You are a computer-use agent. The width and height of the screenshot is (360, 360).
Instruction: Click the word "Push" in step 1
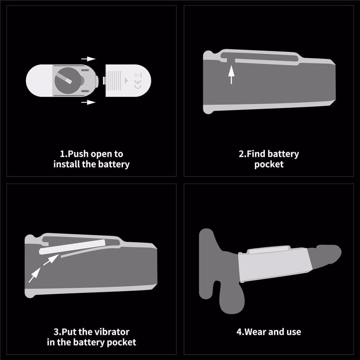78,154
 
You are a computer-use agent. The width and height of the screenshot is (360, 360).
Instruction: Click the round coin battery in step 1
68,80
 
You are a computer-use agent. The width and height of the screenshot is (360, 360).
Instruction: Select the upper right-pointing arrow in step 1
89,59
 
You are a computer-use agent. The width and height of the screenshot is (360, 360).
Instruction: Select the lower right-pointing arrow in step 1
89,102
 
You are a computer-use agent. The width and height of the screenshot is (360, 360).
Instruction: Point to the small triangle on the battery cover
126,81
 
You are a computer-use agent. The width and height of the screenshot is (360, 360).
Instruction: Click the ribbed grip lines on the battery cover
114,81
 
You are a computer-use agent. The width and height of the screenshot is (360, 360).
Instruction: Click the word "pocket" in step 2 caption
269,165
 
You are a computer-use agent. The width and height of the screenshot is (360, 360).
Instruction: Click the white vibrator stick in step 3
72,247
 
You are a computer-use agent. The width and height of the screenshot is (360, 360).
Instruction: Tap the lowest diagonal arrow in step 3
35,275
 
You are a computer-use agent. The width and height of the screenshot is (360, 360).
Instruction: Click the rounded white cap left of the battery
39,81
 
